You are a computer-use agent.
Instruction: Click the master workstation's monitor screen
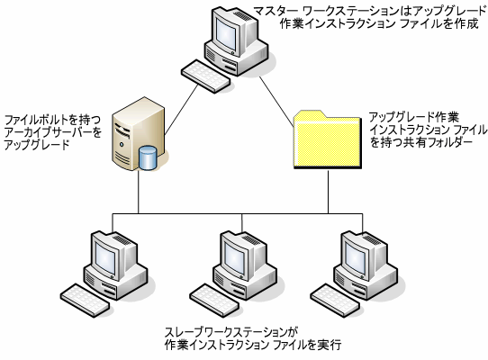tap(228, 34)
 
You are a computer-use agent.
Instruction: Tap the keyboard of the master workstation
tap(205, 76)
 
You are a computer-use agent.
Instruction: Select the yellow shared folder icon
tap(328, 139)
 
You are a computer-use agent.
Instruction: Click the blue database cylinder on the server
tap(148, 157)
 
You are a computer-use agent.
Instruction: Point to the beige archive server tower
tap(137, 134)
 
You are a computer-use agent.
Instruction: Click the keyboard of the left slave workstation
tap(85, 301)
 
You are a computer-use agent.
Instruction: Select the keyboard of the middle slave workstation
tap(214, 301)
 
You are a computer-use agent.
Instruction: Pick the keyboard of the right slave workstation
tap(335, 301)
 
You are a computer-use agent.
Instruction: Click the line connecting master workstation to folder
tap(276, 102)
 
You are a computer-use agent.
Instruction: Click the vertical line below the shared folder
tap(328, 192)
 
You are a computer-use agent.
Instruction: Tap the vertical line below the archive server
tap(139, 192)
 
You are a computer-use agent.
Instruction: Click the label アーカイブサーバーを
tap(53, 132)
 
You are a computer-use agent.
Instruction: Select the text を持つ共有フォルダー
tap(421, 142)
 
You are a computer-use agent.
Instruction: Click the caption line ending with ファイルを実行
tap(253, 345)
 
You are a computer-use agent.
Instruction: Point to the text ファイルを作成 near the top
tap(438, 23)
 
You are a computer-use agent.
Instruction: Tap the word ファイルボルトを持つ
tap(53, 120)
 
